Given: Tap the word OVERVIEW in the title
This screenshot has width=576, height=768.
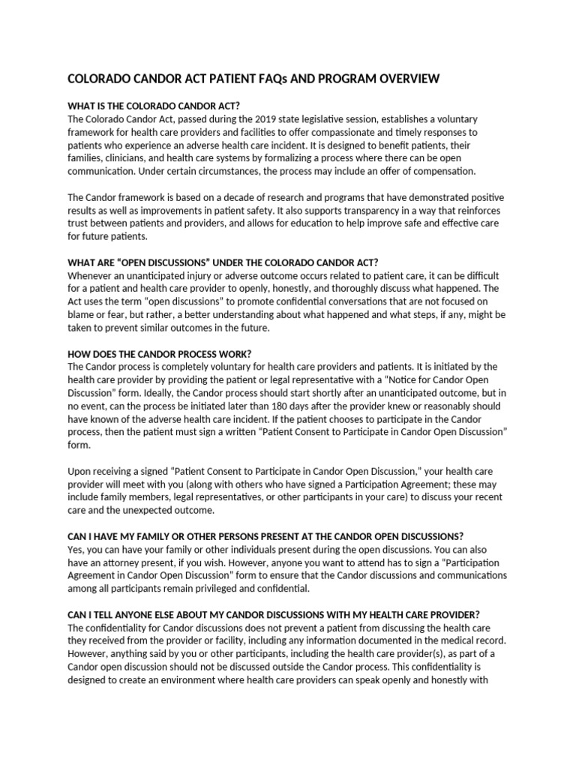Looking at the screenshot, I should coord(398,79).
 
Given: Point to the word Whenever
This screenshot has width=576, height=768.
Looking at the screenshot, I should coord(92,275).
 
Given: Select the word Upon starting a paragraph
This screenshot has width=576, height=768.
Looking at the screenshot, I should coord(79,472).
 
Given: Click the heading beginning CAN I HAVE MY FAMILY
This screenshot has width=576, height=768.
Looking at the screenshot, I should coord(265,536).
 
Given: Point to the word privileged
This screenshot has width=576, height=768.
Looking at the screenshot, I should coord(211,588).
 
